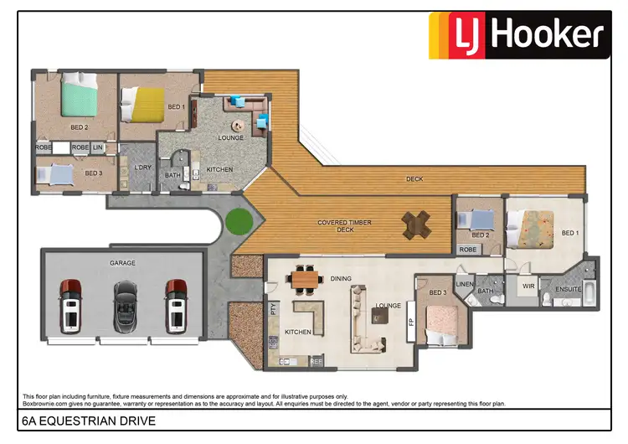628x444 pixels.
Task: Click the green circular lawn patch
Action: point(239,223)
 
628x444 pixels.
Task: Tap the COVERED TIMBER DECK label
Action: point(345,226)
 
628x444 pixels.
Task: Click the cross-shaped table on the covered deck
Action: point(416,225)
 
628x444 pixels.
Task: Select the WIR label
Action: point(528,287)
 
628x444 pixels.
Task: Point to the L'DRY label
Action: point(142,167)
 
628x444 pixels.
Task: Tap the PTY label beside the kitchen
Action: point(273,308)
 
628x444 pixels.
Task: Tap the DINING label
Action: point(340,278)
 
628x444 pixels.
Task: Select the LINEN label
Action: point(466,284)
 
